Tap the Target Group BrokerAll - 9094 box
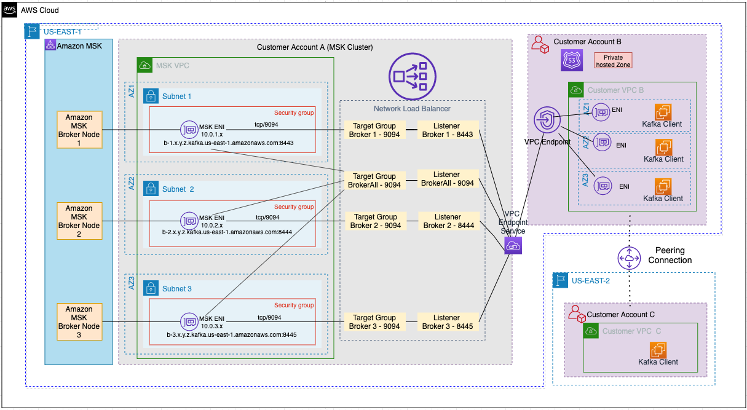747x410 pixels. tap(375, 180)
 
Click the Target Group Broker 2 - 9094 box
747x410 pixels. tap(375, 221)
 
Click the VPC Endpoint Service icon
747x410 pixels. tap(512, 246)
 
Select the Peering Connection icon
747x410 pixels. tap(629, 258)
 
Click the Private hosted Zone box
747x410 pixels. tap(612, 61)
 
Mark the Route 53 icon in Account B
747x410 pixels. tap(571, 60)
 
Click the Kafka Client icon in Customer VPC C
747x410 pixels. tap(658, 349)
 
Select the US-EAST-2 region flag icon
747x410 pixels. tap(560, 280)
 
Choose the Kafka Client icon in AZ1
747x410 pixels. tap(663, 112)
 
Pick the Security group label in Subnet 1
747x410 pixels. tap(294, 113)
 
